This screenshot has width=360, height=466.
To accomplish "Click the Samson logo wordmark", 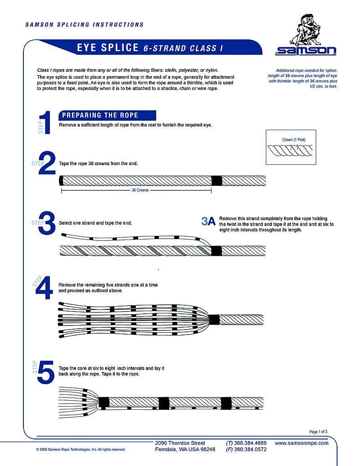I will coord(306,51).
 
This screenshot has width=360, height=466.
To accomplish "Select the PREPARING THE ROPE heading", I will coord(100,115).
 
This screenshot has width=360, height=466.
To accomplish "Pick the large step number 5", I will coord(46,372).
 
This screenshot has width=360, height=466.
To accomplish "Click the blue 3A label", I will coord(209,221).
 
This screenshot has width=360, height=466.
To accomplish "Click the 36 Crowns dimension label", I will coord(140,190).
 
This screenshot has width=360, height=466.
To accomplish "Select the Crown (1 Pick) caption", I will coord(294,140).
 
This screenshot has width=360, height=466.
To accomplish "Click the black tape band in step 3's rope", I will coord(216,251).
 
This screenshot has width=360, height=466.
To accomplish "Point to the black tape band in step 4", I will coord(213,320).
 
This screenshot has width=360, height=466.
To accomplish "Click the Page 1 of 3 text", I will coord(318,432).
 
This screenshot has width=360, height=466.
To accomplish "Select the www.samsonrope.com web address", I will coord(301,443).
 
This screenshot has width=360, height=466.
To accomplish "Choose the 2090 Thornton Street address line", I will coord(180,443).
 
